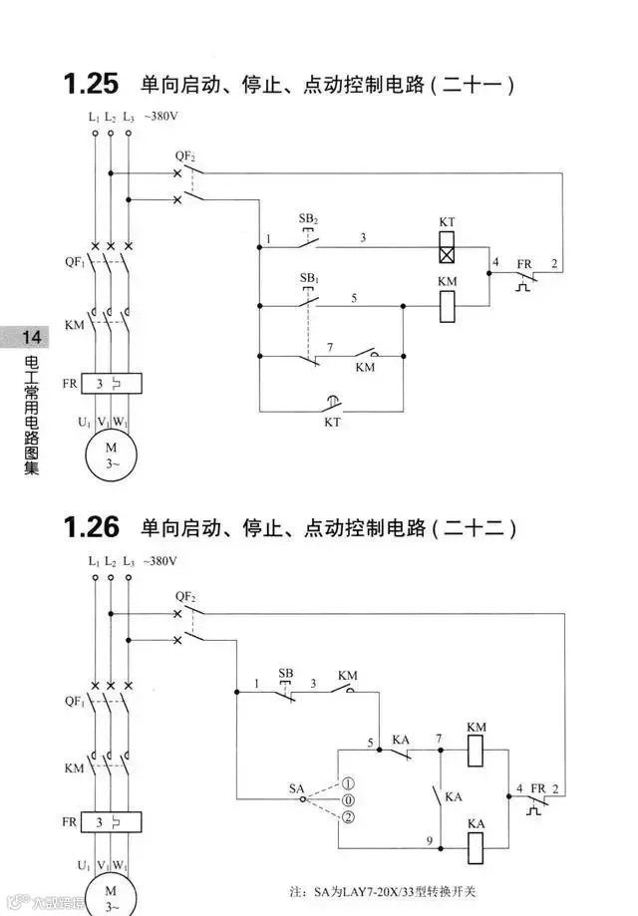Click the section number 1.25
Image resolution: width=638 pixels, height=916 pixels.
[91, 84]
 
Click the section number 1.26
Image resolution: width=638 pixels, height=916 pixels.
[91, 526]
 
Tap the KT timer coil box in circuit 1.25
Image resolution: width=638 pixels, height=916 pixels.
[448, 245]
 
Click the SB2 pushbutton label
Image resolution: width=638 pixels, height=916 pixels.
[308, 218]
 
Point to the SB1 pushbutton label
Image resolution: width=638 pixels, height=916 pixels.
[308, 277]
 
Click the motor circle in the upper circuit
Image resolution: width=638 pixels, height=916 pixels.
[111, 455]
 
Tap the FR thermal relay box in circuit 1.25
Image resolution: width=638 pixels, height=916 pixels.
[112, 383]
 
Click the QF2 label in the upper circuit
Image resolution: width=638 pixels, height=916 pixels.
[185, 156]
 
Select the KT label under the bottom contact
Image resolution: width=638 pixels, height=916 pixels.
[332, 422]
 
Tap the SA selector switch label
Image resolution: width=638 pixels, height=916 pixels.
[296, 788]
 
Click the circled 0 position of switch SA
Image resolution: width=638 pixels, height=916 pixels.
[347, 800]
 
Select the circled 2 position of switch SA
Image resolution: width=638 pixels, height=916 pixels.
[347, 818]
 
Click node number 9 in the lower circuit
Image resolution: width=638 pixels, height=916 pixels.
[429, 840]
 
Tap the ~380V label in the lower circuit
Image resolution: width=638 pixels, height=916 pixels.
[160, 562]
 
